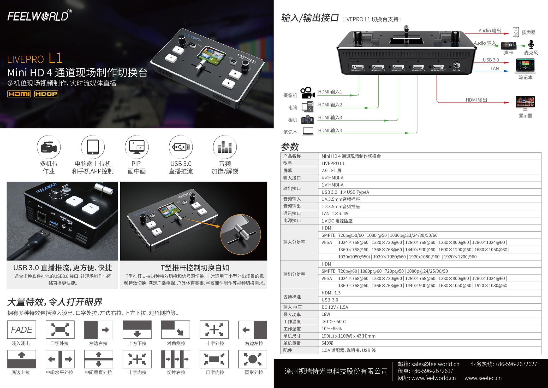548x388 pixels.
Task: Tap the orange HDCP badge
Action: point(46,94)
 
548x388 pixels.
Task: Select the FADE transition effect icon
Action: point(21,330)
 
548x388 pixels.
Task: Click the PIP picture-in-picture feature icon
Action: point(137,147)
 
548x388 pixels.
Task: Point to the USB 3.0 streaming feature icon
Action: point(181,147)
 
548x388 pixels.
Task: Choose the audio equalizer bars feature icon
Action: point(225,147)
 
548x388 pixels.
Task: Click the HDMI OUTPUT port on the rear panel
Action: point(438,67)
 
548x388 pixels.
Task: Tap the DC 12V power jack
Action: point(457,65)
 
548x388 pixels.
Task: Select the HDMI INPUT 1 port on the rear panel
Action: point(358,67)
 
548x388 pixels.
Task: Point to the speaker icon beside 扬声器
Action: point(516,32)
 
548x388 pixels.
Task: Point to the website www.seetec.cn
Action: point(483,378)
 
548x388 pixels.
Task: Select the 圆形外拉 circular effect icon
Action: point(253,359)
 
